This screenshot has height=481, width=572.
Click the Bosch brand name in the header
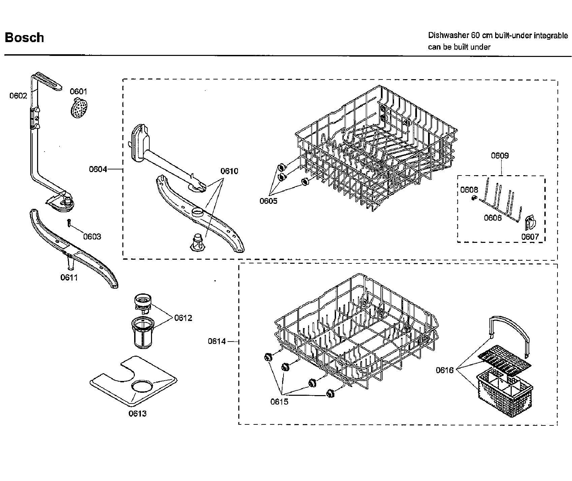(x=24, y=37)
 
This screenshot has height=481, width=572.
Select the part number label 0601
(x=78, y=91)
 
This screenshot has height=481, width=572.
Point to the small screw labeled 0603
(x=69, y=223)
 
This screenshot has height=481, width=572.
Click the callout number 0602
(x=18, y=96)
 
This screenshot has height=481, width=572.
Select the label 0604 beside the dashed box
(x=98, y=169)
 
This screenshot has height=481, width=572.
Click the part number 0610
(x=229, y=171)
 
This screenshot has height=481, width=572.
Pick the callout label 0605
(x=268, y=201)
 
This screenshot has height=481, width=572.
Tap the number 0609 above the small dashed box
(x=500, y=156)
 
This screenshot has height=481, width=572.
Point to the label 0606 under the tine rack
(x=493, y=218)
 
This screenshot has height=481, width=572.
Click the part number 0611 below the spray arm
(x=69, y=278)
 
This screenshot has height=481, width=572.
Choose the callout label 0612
(x=183, y=318)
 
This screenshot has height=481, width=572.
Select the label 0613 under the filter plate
(x=138, y=413)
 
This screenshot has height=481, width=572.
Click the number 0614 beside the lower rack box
(x=217, y=341)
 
